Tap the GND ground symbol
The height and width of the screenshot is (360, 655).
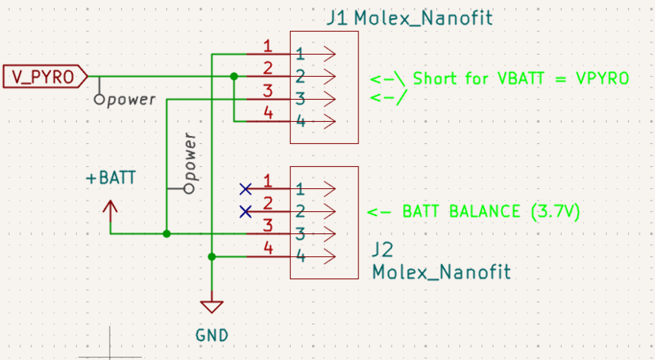click(212, 307)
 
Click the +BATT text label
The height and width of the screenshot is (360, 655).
click(110, 177)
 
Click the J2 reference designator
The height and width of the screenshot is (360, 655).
click(382, 248)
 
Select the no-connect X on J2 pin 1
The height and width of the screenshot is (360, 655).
click(245, 189)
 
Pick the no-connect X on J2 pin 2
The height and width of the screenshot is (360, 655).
click(245, 212)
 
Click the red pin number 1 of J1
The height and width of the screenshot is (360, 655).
click(268, 46)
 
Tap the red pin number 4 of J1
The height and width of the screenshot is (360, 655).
click(268, 114)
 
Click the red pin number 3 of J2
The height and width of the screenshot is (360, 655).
click(268, 225)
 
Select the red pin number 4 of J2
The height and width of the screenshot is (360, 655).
click(268, 248)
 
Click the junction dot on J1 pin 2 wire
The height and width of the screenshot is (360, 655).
click(234, 77)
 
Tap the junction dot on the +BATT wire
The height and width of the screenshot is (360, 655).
click(166, 234)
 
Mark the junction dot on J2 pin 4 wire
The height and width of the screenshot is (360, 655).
click(212, 257)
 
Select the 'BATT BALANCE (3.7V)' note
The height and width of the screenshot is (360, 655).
click(491, 211)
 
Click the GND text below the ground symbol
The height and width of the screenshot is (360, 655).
click(212, 335)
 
